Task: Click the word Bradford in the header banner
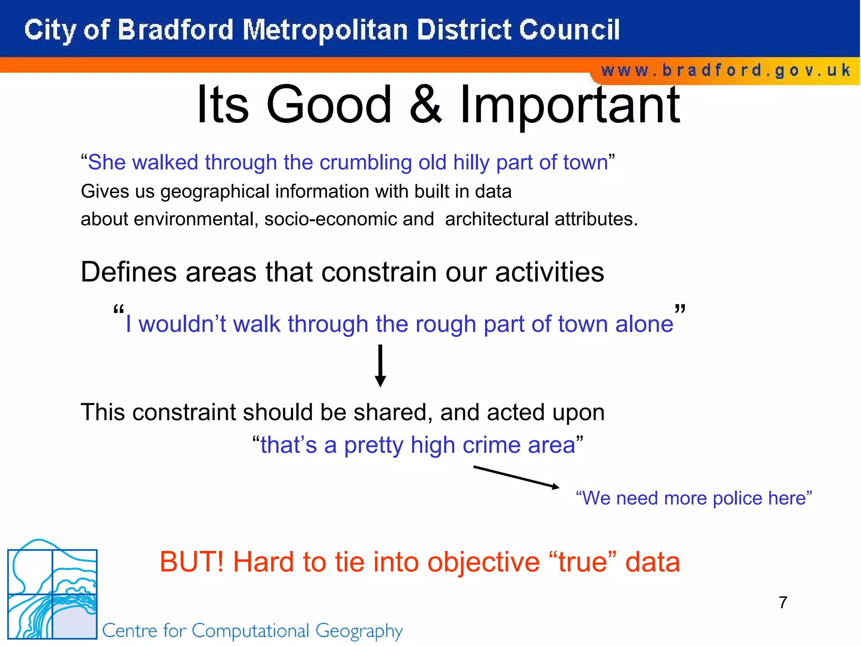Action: click(175, 30)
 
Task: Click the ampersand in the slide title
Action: click(425, 105)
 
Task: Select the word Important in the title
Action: click(570, 105)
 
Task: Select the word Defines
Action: click(129, 272)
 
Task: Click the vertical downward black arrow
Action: click(380, 365)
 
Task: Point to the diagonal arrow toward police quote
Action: click(516, 477)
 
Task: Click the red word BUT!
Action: click(192, 562)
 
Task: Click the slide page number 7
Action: click(783, 602)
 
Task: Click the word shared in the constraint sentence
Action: click(393, 412)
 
